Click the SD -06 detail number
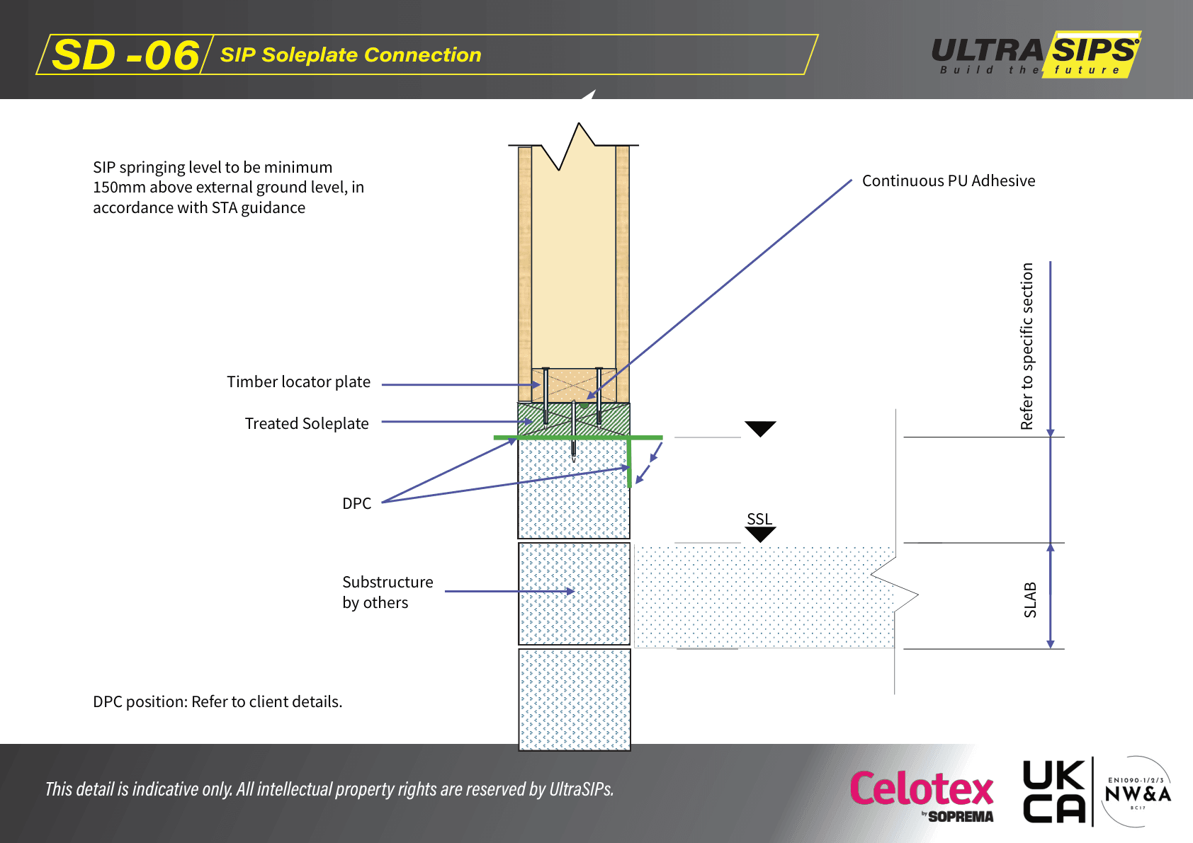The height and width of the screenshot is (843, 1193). (126, 55)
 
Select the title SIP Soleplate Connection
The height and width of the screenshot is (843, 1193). (351, 55)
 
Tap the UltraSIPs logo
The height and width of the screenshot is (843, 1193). (1036, 55)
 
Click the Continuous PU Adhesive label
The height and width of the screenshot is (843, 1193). (948, 180)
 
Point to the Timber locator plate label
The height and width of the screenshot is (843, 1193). (298, 382)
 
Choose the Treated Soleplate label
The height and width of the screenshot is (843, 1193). (307, 423)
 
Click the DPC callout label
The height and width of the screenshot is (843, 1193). (356, 503)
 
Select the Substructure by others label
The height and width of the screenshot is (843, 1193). (387, 592)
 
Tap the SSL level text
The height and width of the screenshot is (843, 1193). (759, 519)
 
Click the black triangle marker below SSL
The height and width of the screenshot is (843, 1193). (760, 534)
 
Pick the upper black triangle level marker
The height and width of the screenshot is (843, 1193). (760, 428)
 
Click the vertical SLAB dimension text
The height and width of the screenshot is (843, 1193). (1030, 599)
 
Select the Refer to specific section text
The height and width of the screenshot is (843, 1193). (1027, 346)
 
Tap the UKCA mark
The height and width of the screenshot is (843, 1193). (1053, 791)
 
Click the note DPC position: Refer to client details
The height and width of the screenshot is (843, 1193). (217, 701)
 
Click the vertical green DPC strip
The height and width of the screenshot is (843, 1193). (629, 464)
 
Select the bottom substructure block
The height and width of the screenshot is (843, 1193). (574, 699)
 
